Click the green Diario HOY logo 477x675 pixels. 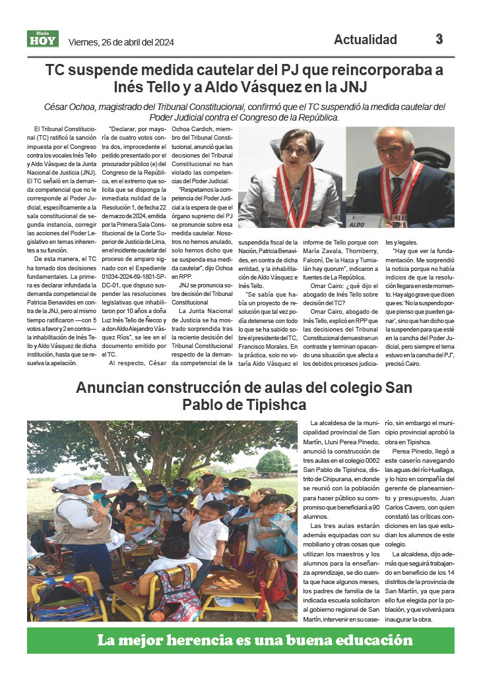pyautogui.click(x=43, y=39)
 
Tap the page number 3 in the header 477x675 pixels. pyautogui.click(x=439, y=39)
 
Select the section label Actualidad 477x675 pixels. pyautogui.click(x=365, y=40)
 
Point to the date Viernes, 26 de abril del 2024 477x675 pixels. pyautogui.click(x=121, y=43)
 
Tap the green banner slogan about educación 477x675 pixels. pyautogui.click(x=241, y=639)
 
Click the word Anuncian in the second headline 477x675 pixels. pyautogui.click(x=115, y=387)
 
